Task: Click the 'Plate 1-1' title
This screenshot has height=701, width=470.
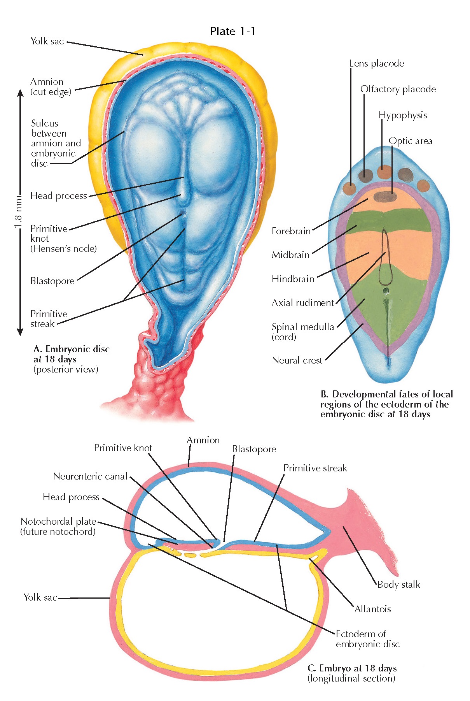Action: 232,31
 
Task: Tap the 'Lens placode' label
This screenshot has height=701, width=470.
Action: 376,63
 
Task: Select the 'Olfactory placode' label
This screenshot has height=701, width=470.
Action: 398,89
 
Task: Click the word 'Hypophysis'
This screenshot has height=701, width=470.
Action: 403,115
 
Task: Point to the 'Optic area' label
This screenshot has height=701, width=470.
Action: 411,141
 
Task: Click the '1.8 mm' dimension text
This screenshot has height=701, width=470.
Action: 18,213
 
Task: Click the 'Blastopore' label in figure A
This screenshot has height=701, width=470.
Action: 52,281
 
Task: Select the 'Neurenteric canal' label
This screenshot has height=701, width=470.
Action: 90,476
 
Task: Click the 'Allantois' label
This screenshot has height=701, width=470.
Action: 372,609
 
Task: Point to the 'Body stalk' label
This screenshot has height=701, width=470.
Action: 399,584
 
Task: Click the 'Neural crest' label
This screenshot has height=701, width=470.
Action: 297,360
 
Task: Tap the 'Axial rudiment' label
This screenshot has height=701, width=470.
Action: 303,303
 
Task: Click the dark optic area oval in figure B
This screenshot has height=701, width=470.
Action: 385,196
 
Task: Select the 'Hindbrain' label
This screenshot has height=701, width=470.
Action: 293,279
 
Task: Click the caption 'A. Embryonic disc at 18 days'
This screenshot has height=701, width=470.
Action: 72,354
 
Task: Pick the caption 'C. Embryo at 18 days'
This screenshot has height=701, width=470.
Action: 352,668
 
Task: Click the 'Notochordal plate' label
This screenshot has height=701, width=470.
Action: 58,522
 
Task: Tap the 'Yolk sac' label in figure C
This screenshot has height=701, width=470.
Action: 40,597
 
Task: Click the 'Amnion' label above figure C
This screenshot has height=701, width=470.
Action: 203,440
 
